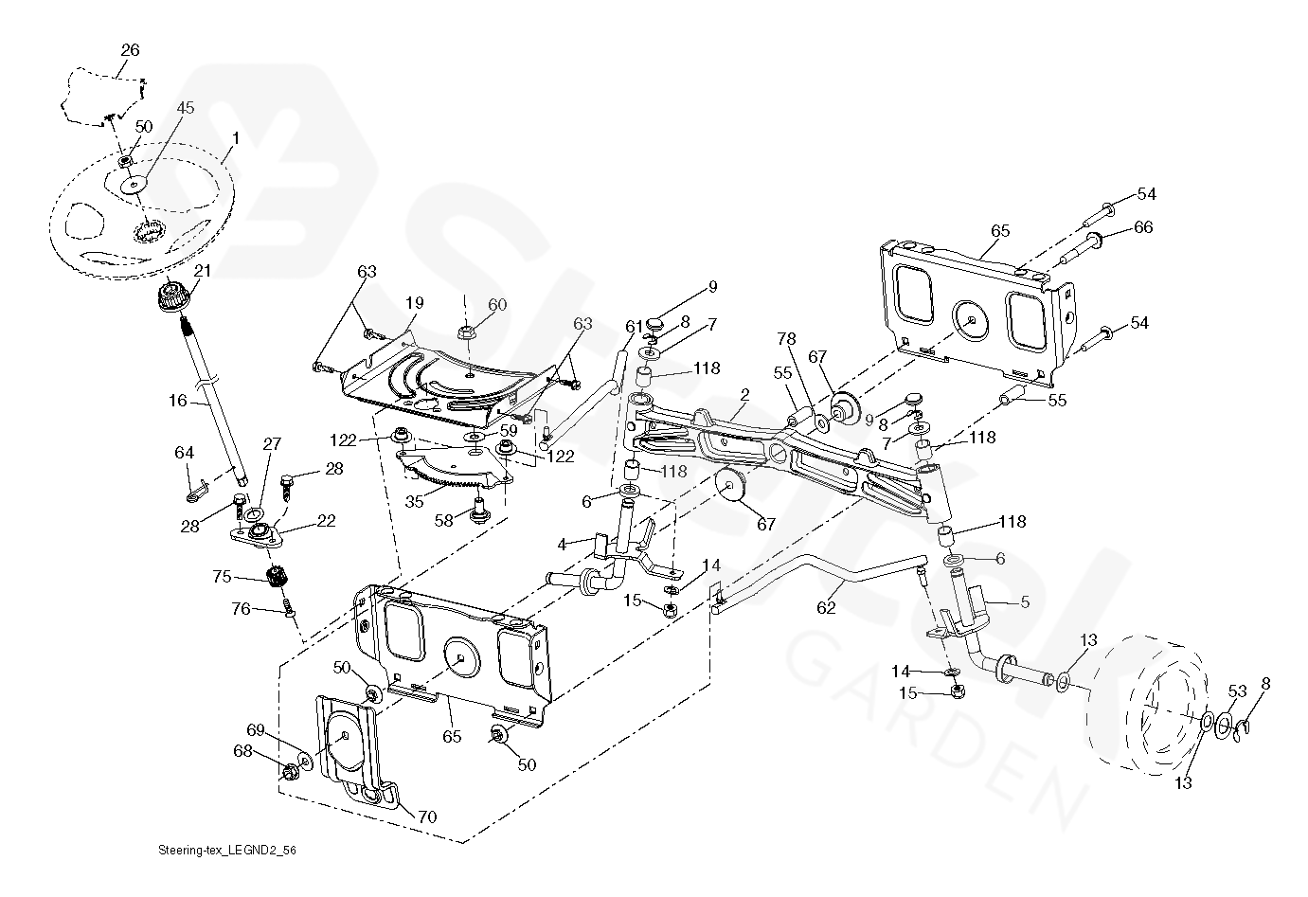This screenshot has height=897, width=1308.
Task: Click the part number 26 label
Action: click(x=130, y=48)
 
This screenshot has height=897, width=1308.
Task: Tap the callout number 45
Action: click(x=185, y=108)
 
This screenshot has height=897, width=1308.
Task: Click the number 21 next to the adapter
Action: click(x=202, y=271)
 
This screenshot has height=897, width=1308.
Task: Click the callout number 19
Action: click(x=414, y=304)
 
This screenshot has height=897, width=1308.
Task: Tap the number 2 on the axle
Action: click(x=744, y=394)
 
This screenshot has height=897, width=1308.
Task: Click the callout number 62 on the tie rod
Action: click(x=827, y=607)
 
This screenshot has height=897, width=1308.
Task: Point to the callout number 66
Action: click(x=1143, y=227)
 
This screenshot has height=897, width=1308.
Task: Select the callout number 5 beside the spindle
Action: click(x=1025, y=601)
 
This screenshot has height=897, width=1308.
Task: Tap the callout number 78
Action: click(x=787, y=338)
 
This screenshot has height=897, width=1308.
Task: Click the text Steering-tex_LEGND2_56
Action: click(x=220, y=852)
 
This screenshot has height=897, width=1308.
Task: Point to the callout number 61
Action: click(x=634, y=327)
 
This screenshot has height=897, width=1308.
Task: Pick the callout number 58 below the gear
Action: click(x=443, y=520)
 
